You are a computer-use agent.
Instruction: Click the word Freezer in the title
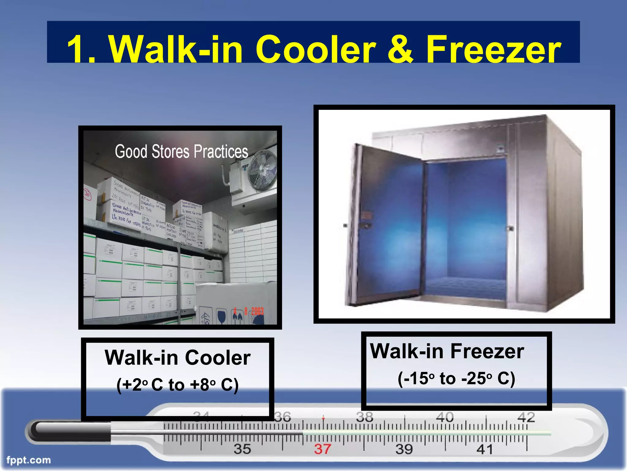click(494, 49)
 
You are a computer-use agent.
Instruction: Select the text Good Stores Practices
click(181, 151)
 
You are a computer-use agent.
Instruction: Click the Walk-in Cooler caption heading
click(178, 358)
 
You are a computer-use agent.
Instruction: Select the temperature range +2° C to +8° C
click(178, 385)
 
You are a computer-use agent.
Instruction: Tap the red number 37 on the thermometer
click(322, 449)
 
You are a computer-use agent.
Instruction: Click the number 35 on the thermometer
click(242, 449)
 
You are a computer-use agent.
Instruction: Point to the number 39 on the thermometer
click(404, 449)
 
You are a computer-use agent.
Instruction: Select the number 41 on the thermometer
click(485, 449)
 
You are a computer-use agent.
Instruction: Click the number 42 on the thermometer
click(526, 417)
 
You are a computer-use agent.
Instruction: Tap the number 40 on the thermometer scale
click(445, 417)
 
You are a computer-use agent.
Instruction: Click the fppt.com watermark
click(28, 460)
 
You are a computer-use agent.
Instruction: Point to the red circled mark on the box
click(88, 194)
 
